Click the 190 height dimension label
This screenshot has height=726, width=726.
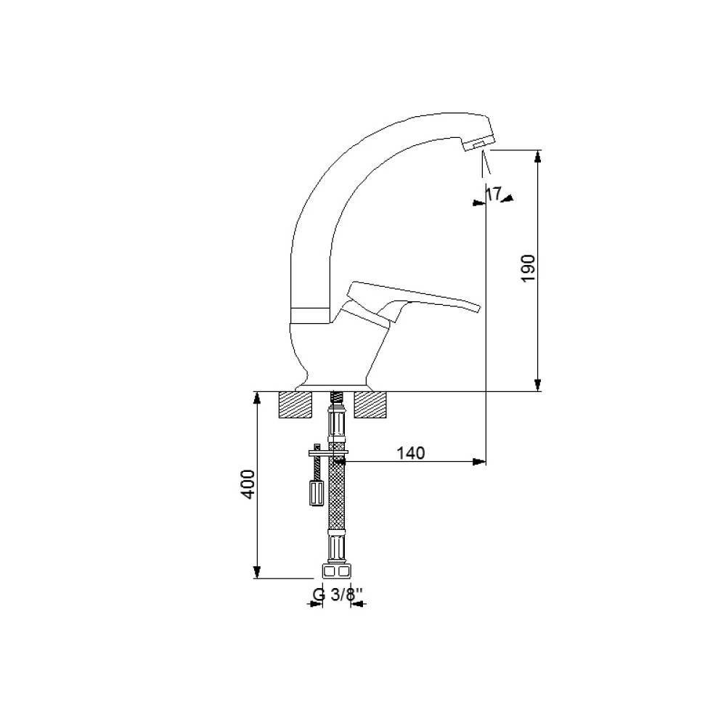pos(529,268)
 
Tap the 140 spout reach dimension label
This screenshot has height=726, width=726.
pos(411,453)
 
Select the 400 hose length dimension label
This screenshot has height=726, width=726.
pos(248,484)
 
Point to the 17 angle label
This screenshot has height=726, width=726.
pos(494,194)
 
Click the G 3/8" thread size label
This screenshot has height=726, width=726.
pos(336,595)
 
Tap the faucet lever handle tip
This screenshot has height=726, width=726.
pos(478,309)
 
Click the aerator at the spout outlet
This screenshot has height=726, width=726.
pos(478,145)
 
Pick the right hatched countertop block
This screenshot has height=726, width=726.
pos(370,404)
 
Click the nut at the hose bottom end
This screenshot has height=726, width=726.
pos(335,571)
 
